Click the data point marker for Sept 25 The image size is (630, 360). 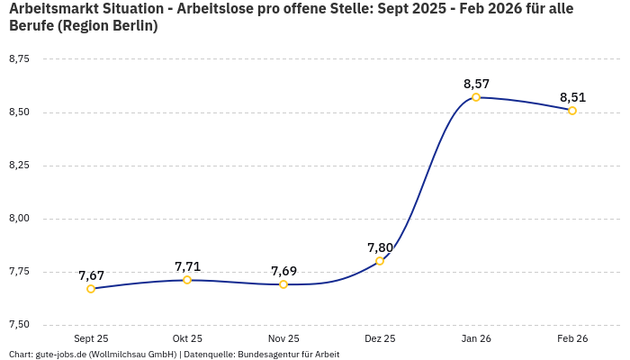point(91,289)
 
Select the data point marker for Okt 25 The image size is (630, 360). point(187,280)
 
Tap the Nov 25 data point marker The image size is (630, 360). point(283,284)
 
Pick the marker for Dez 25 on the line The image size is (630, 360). point(380,261)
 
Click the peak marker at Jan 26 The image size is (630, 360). point(476,97)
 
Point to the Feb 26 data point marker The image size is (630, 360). point(572,111)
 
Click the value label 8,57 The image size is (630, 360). point(476,84)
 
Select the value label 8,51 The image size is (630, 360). point(572,97)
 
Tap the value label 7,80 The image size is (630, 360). point(380,247)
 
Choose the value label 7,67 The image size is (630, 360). point(91,275)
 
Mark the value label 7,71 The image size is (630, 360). point(187,266)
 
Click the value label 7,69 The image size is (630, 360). point(283,271)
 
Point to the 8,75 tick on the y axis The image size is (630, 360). point(19,59)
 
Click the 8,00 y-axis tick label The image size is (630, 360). point(19,219)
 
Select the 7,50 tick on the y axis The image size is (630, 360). point(19,325)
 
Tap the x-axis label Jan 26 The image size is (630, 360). point(476,339)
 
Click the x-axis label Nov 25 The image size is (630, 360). point(283,339)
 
